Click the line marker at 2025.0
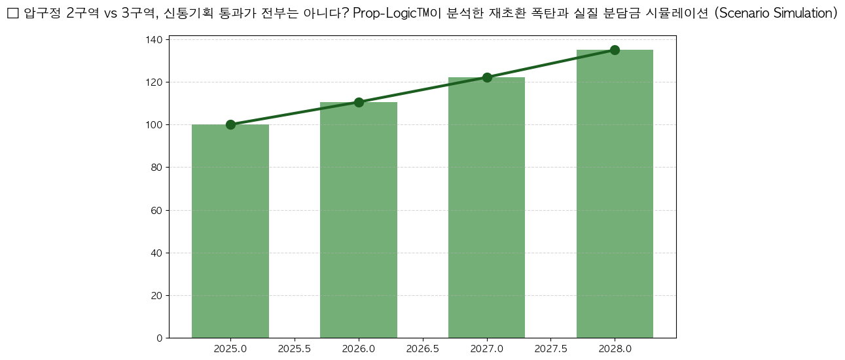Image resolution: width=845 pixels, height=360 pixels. [x=230, y=124]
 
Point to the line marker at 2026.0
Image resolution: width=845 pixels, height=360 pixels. [x=359, y=102]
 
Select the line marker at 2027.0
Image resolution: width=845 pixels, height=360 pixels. [x=487, y=77]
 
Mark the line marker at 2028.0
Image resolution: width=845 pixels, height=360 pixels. [x=615, y=50]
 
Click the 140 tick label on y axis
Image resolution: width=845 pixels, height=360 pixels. [x=154, y=40]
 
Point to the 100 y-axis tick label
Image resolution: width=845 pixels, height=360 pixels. [x=154, y=125]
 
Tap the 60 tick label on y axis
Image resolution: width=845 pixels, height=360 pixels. [x=157, y=211]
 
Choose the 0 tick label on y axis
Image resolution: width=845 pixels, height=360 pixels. [x=160, y=338]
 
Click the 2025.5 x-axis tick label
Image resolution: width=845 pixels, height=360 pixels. [x=295, y=349]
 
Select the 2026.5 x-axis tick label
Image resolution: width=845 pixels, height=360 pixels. [x=423, y=349]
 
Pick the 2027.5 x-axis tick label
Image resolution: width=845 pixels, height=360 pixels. [x=551, y=349]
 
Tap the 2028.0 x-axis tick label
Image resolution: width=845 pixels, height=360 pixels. [x=615, y=349]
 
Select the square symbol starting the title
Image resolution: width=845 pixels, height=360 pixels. [x=12, y=14]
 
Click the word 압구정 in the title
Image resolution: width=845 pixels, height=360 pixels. [x=43, y=14]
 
